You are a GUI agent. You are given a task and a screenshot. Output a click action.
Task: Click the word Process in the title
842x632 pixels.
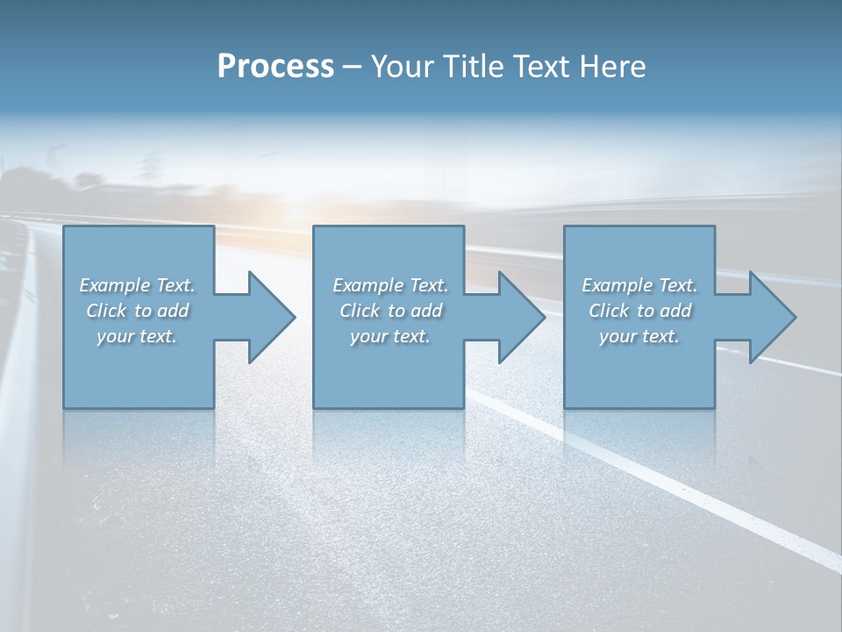(275, 67)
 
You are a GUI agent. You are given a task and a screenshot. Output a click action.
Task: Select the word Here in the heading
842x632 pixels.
(613, 67)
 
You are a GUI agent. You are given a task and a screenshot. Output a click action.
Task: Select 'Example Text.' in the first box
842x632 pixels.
(138, 285)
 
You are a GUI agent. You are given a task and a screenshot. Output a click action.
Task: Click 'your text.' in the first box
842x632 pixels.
(138, 336)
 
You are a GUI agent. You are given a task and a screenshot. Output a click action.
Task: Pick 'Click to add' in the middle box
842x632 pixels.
(390, 311)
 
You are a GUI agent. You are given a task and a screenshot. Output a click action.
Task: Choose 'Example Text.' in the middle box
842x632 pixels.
(390, 285)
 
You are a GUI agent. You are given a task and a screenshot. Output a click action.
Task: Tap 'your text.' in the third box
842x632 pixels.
(639, 336)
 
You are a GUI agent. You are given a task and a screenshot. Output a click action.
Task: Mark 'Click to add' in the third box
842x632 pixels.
(639, 311)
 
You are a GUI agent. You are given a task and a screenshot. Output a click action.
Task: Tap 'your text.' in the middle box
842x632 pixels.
(390, 336)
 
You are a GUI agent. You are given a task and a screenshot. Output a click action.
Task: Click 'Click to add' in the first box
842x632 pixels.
(138, 311)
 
